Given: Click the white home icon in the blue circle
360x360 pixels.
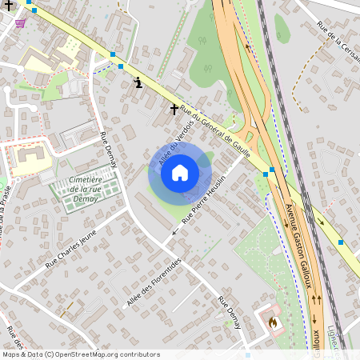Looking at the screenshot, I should [x=180, y=172].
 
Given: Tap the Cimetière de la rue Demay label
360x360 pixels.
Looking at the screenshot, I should [x=83, y=190].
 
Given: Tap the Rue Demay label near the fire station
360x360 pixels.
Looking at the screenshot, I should [x=230, y=311].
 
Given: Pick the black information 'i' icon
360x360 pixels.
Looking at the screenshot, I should [x=139, y=82].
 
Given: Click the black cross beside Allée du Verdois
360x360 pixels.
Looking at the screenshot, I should [x=174, y=108].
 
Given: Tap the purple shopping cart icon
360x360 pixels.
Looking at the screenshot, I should [x=19, y=23].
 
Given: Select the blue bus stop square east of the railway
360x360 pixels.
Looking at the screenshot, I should [x=341, y=242].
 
